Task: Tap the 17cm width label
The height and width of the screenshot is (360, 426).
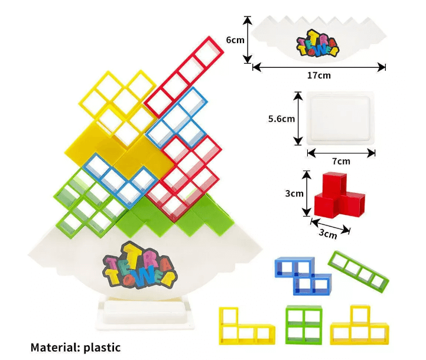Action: [x=318, y=76]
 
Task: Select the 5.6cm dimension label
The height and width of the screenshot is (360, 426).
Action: [x=281, y=119]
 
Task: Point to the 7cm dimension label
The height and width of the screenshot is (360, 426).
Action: [x=341, y=161]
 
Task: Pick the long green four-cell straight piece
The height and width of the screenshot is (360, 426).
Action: [x=360, y=270]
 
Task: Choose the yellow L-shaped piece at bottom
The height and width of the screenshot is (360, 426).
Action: [x=245, y=326]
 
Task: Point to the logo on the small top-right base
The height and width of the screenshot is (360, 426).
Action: [x=318, y=44]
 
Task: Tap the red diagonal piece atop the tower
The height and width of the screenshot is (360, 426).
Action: [x=185, y=76]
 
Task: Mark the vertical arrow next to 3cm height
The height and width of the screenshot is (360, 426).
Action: [x=307, y=194]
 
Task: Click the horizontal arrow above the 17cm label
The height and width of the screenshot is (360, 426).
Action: [x=318, y=67]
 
